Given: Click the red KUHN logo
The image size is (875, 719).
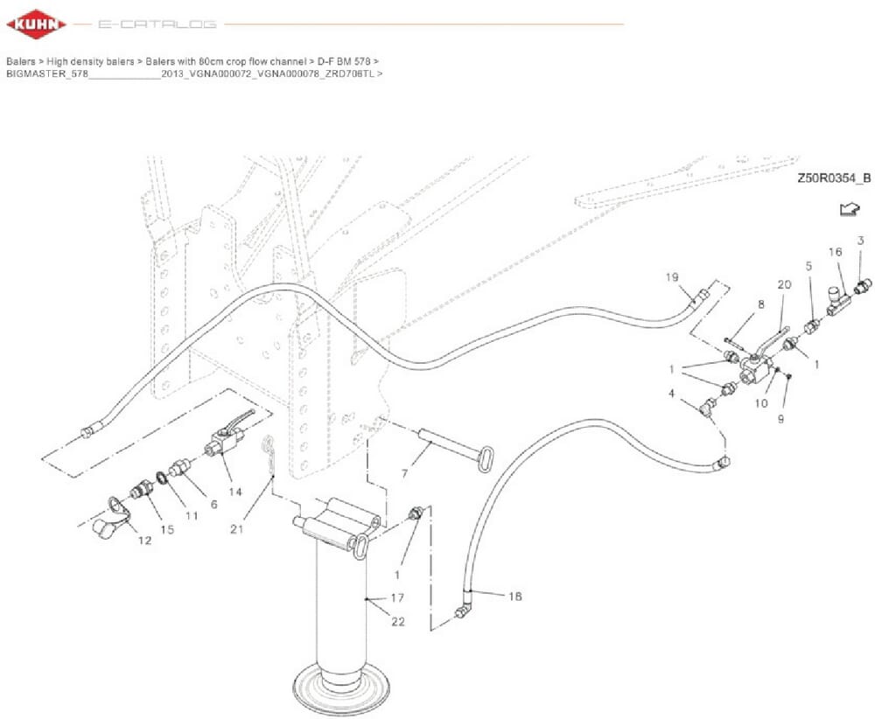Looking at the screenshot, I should click(36, 24).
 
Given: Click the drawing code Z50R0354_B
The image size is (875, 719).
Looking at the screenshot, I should click(833, 178).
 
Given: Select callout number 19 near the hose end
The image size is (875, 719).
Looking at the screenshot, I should click(672, 277).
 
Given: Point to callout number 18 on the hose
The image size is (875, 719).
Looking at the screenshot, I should click(514, 597).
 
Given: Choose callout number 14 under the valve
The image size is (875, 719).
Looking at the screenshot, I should click(234, 492).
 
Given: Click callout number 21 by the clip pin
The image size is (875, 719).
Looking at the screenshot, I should click(236, 528).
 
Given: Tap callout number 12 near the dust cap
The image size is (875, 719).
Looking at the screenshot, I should click(144, 541).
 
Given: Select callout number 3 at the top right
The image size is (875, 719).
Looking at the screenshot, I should click(860, 240).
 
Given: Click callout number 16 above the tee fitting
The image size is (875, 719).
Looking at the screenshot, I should click(836, 252).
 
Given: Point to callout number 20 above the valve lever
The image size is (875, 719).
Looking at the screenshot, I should click(783, 285).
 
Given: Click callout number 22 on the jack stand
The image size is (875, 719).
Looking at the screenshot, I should click(399, 621).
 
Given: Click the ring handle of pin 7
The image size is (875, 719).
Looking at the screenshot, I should click(486, 457).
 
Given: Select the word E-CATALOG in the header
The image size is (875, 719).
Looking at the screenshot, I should click(157, 24).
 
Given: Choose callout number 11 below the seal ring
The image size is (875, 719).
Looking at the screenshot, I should click(192, 516).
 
